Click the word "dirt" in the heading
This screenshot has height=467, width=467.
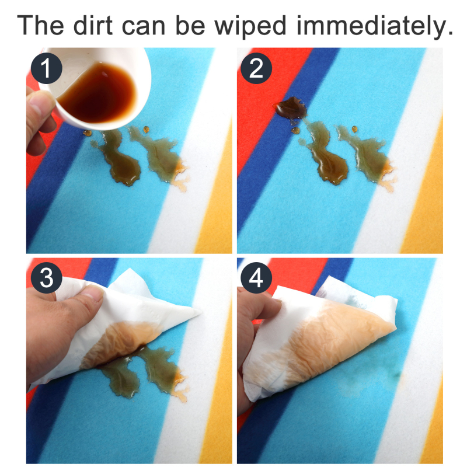tap(93, 25)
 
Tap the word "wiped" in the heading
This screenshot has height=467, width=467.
tap(250, 27)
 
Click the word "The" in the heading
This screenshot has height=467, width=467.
tap(40, 25)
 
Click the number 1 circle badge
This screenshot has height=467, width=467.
tap(47, 68)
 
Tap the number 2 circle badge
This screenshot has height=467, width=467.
tap(256, 68)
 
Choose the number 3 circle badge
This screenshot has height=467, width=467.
tap(47, 278)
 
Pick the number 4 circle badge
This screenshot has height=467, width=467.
tap(256, 278)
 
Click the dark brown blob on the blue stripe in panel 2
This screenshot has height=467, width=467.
tap(291, 108)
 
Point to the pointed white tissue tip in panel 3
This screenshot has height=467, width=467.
tap(199, 312)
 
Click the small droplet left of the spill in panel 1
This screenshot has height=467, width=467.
tap(87, 133)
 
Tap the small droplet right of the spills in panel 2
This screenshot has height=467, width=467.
tap(354, 129)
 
